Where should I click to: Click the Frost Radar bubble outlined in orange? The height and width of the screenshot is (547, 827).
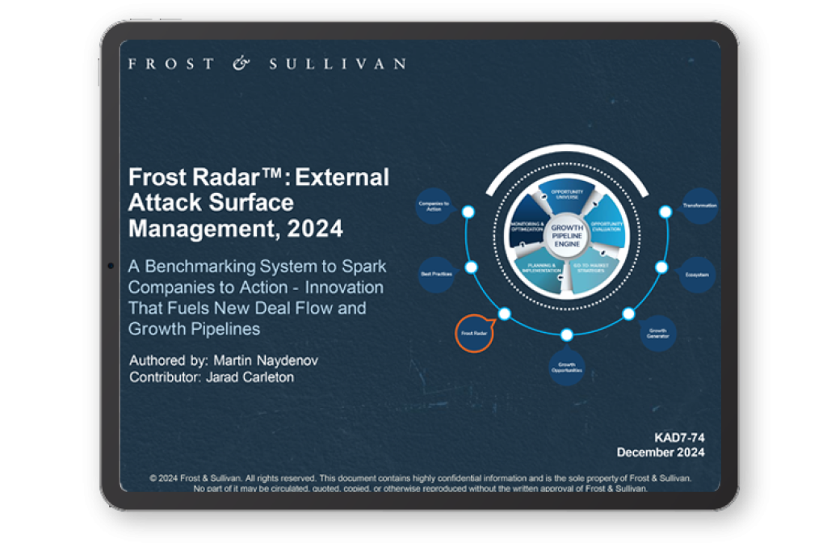[x=475, y=333]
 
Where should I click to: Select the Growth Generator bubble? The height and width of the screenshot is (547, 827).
[x=657, y=333]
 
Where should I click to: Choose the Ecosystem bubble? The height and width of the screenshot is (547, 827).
[x=699, y=275]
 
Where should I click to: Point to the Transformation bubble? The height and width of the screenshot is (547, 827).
[x=699, y=205]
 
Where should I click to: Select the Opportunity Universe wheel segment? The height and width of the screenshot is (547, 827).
[x=567, y=196]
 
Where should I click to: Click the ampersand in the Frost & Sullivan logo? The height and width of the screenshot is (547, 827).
[x=241, y=64]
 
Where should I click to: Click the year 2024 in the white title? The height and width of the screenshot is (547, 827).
[x=316, y=229]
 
